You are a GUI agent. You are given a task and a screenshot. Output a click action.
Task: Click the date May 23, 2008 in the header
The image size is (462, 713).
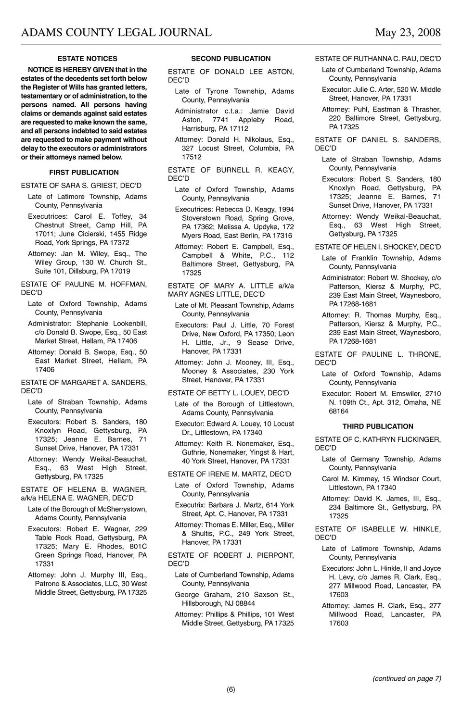click(x=408, y=32)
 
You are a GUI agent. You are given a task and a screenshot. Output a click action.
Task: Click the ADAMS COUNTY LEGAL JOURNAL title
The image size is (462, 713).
click(x=116, y=32)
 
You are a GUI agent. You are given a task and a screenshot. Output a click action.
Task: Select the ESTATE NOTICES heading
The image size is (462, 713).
click(x=87, y=59)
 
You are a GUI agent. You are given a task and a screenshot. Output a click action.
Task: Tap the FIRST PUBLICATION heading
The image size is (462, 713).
click(x=84, y=173)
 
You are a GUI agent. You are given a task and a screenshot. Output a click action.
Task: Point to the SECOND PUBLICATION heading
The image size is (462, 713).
click(x=231, y=59)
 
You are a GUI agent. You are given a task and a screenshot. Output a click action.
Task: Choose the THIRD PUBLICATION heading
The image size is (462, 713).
click(x=378, y=426)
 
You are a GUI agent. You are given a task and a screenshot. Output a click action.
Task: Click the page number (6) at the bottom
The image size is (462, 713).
click(x=231, y=689)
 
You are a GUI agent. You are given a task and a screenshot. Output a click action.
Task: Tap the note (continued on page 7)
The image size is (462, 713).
click(x=407, y=678)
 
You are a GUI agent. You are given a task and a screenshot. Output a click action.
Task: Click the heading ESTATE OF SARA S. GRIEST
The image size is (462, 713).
click(x=81, y=186)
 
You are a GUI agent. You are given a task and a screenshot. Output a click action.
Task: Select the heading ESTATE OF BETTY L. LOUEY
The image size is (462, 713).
click(x=228, y=393)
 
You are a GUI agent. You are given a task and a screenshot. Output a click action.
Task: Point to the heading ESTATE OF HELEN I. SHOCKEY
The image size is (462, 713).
click(x=378, y=247)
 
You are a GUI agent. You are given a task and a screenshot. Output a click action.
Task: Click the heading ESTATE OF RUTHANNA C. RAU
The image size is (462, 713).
click(x=378, y=59)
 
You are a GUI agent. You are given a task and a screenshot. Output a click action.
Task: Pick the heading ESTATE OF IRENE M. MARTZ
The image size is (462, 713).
click(x=229, y=474)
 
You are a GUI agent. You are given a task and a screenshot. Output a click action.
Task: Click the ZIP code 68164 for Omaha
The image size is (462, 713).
click(x=339, y=411)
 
